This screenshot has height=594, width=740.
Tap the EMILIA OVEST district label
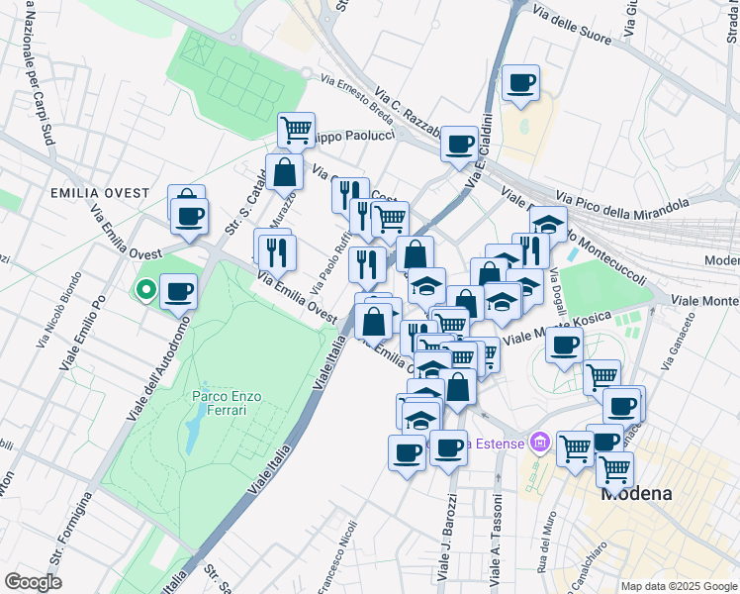[x=96, y=193]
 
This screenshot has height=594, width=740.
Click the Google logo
[x=33, y=582]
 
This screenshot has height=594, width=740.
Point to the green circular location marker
[x=145, y=290]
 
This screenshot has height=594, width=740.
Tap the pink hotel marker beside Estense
[x=539, y=442]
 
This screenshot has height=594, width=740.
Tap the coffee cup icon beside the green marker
[x=178, y=292]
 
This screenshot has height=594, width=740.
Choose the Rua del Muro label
[x=546, y=535]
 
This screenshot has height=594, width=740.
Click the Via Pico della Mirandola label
[x=622, y=209]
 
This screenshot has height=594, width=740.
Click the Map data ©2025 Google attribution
[x=678, y=585]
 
